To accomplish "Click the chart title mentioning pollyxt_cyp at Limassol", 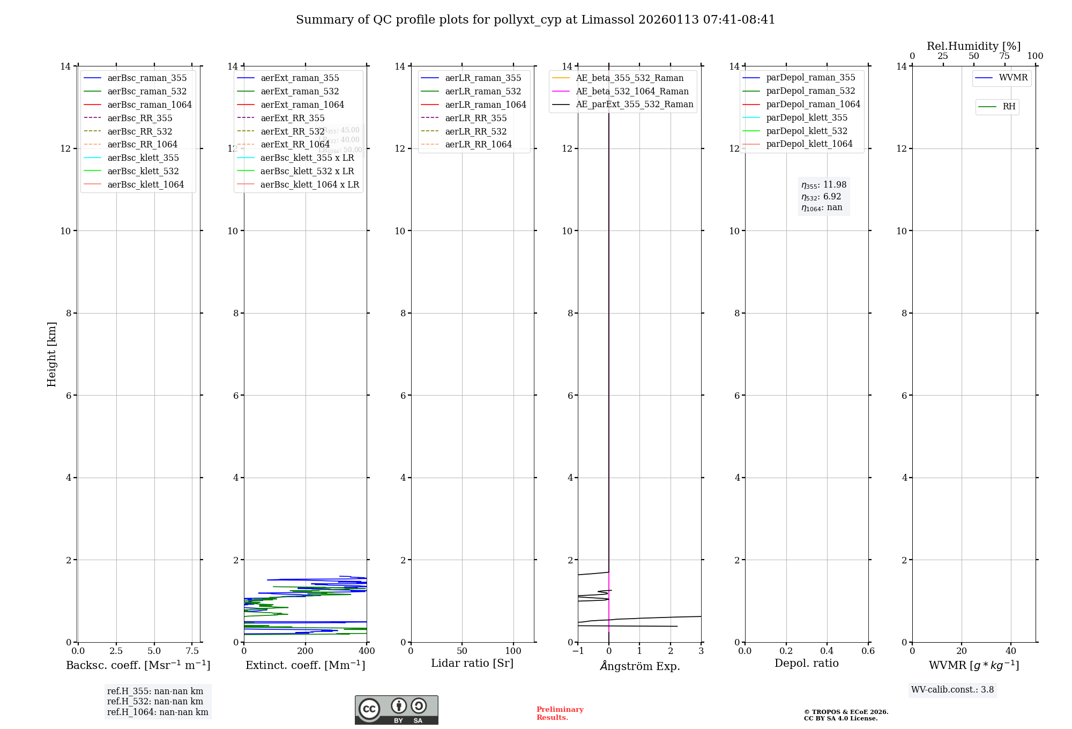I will click(x=535, y=20).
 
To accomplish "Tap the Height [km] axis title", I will click(x=51, y=354).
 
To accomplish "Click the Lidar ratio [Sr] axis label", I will click(x=472, y=664).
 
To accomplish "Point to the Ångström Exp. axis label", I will click(x=639, y=666).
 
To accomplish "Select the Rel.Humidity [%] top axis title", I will click(x=973, y=46).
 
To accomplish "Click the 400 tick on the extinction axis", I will click(x=367, y=651).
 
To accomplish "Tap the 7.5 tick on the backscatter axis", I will click(x=192, y=651).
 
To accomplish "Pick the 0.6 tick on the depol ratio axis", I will click(x=868, y=651).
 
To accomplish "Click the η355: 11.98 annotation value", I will click(x=824, y=185).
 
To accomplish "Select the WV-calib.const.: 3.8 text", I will click(x=952, y=690).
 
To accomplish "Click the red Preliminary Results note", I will click(x=560, y=713).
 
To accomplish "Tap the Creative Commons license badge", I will click(x=396, y=710).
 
